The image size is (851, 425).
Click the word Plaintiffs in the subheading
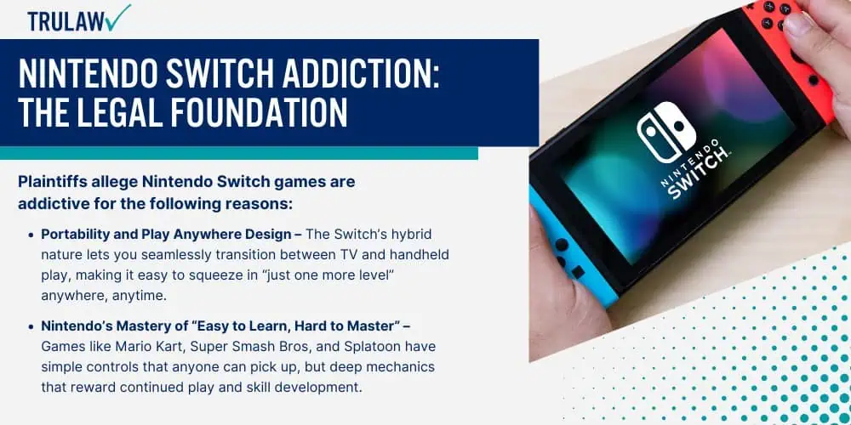[51, 182]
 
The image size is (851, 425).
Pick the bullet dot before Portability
[31, 235]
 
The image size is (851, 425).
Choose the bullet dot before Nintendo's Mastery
[31, 327]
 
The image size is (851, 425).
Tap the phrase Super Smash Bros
[226, 347]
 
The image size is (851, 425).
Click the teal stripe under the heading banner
[239, 153]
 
